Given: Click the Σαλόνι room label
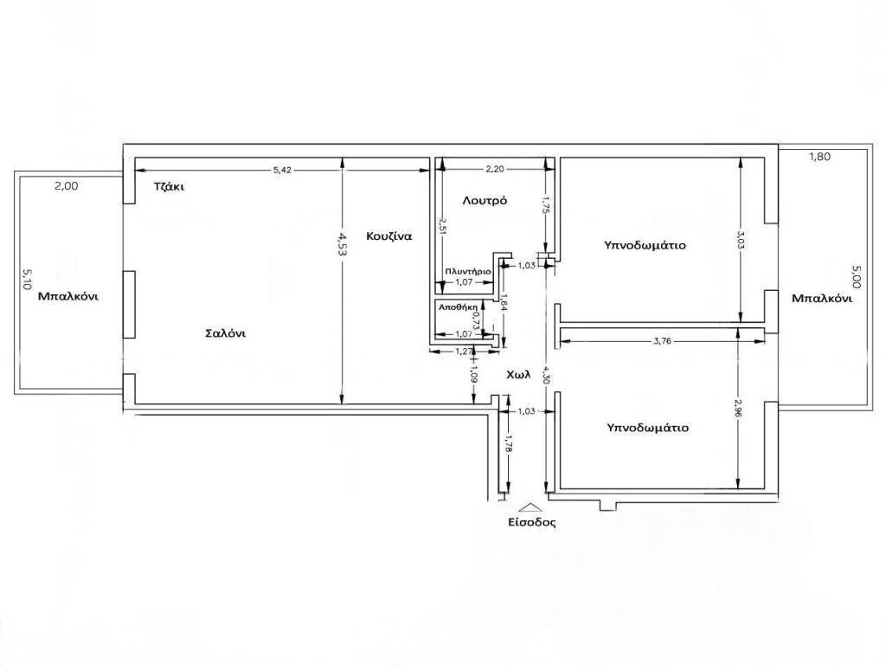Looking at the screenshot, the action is coord(225,333).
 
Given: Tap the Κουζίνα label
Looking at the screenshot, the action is coord(388,236).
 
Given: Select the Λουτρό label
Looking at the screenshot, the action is coord(485,201).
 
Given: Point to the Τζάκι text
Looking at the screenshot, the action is coord(169,187).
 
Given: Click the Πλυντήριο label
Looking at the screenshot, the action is coord(468,271).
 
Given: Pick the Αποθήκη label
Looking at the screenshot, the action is coord(459,307).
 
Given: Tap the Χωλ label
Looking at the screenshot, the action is coord(518,374).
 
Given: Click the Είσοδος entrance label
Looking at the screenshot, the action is coord(532,522).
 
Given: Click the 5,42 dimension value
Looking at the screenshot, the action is coord(282,170).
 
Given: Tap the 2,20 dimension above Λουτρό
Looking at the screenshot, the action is coord(495,169).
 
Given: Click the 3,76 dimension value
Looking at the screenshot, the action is coord(662,341).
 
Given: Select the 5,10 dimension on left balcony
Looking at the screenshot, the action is coord(27,280).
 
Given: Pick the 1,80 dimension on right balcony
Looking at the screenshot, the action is coord(820,158).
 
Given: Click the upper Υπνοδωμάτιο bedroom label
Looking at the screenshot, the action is coord(645,245).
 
